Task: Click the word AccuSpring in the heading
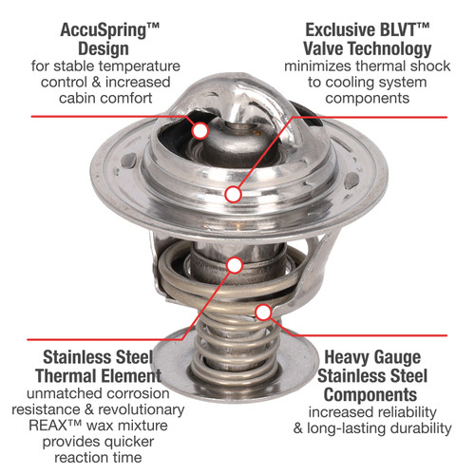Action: coord(104,31)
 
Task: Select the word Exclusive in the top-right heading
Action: coord(340,30)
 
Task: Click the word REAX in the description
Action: coord(48,426)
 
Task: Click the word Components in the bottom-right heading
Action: coord(370,395)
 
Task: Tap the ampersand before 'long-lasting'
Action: coord(298,428)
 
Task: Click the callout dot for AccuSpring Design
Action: coord(200,130)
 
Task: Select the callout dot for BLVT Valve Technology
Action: coord(234,194)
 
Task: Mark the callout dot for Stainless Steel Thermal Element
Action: coord(235,265)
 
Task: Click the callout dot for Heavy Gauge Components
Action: coord(263,313)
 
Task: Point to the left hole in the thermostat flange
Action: coord(129,160)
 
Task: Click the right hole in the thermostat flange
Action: coord(351,181)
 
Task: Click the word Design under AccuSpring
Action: coord(104,49)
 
